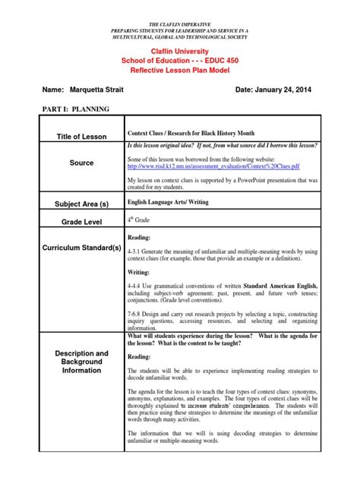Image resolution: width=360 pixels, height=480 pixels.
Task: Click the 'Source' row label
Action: coord(82,163)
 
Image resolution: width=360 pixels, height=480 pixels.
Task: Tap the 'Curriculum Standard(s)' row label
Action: coord(82,248)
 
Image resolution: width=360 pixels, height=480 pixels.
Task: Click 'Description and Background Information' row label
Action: coord(82,362)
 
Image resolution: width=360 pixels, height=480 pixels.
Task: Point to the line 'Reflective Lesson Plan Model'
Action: coord(180,70)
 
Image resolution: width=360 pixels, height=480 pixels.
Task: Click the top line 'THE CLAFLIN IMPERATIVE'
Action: coord(180,5)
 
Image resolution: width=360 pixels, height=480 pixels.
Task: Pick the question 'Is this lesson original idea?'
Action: coord(166,144)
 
